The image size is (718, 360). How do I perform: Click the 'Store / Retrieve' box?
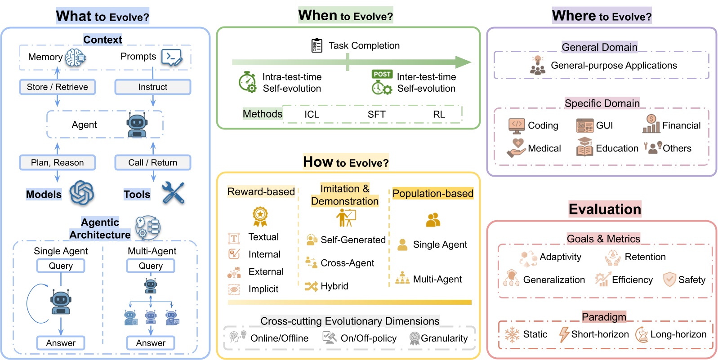pyautogui.click(x=58, y=87)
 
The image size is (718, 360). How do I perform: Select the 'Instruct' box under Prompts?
pyautogui.click(x=153, y=87)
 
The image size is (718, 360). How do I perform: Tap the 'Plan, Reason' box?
pyautogui.click(x=58, y=162)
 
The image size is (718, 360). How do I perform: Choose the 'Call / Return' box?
pyautogui.click(x=153, y=162)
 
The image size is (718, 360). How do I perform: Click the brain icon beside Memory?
pyautogui.click(x=76, y=58)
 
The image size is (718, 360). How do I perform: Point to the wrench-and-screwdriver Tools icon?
pyautogui.click(x=173, y=193)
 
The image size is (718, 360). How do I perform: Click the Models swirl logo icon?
pyautogui.click(x=82, y=192)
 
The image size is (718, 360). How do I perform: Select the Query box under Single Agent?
pyautogui.click(x=61, y=266)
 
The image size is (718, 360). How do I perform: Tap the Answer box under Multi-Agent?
pyautogui.click(x=151, y=343)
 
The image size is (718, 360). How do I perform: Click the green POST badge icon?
pyautogui.click(x=382, y=74)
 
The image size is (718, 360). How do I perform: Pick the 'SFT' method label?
pyautogui.click(x=376, y=114)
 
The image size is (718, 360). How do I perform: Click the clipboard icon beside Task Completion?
pyautogui.click(x=317, y=45)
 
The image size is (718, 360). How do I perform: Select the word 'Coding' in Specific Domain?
pyautogui.click(x=543, y=125)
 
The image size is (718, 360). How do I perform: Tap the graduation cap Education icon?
pyautogui.click(x=584, y=147)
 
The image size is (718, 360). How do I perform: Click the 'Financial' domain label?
pyautogui.click(x=682, y=125)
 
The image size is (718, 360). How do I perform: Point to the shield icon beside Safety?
pyautogui.click(x=669, y=279)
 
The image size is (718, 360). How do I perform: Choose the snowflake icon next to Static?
pyautogui.click(x=512, y=335)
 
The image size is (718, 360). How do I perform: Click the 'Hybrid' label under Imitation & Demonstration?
pyautogui.click(x=334, y=286)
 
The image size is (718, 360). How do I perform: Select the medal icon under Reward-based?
pyautogui.click(x=260, y=217)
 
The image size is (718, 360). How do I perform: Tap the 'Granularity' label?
pyautogui.click(x=444, y=338)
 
